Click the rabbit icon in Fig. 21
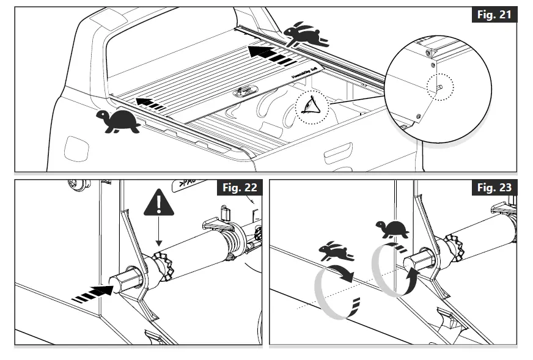(x=306, y=35)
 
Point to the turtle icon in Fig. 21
(x=118, y=122)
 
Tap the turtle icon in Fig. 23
(x=392, y=229)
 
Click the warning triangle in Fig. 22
(x=158, y=203)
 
